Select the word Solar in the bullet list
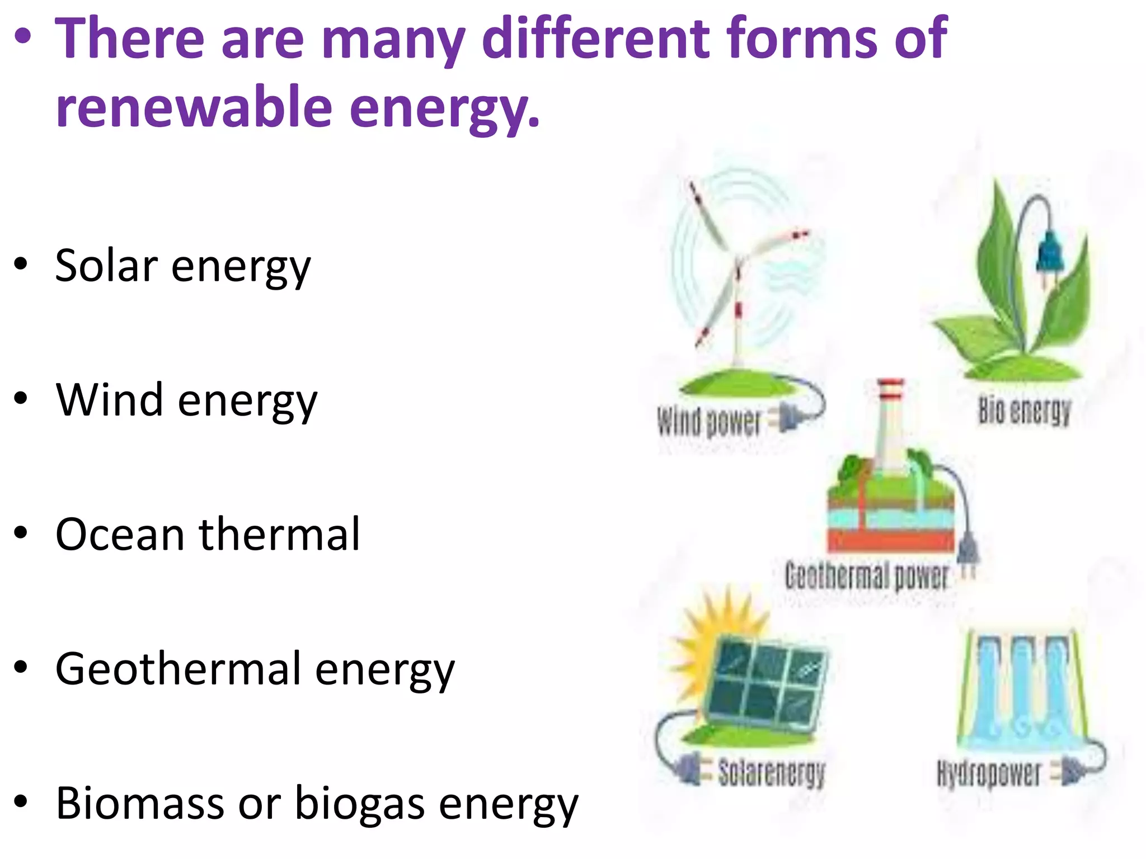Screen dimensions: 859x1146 pyautogui.click(x=106, y=266)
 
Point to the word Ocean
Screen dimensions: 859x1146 pyautogui.click(x=120, y=535)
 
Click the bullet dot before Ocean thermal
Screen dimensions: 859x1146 pyautogui.click(x=21, y=533)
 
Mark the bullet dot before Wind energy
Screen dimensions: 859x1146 pyautogui.click(x=21, y=399)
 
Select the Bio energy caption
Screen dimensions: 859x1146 pyautogui.click(x=1024, y=410)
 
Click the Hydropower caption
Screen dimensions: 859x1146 pyautogui.click(x=988, y=774)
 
